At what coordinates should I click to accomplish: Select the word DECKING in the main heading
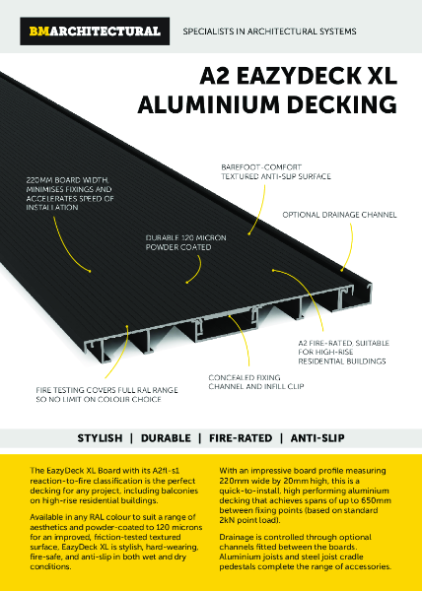point(334,102)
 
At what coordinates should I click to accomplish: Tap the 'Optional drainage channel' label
point(339,214)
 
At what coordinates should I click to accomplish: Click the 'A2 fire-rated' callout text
point(342,352)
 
